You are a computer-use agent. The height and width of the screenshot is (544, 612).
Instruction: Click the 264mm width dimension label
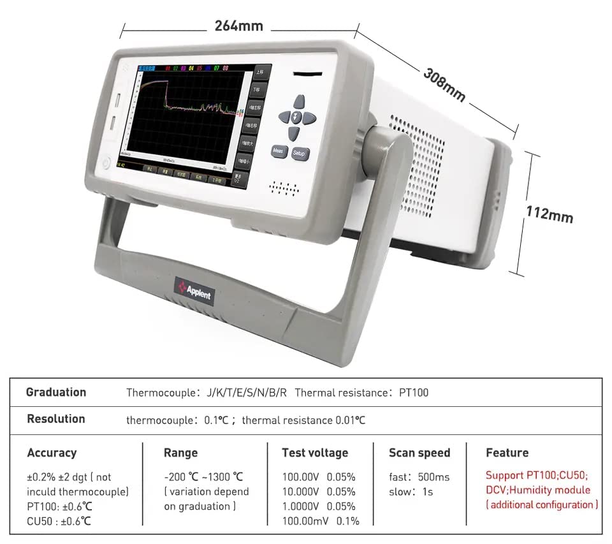[x=239, y=26]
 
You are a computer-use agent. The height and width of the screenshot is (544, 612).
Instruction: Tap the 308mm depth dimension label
[x=444, y=83]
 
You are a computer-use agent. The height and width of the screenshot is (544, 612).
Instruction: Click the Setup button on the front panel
[x=299, y=153]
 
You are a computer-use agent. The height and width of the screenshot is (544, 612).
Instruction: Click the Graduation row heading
[x=56, y=392]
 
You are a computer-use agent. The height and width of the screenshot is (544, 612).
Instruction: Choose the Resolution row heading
[x=56, y=419]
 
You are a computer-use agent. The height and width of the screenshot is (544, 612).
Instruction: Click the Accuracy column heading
[x=52, y=453]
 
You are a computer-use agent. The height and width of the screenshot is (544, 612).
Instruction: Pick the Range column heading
[x=180, y=453]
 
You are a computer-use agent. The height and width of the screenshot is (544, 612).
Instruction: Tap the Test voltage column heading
[x=315, y=453]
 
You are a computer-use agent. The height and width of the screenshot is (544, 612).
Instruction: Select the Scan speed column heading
[x=419, y=453]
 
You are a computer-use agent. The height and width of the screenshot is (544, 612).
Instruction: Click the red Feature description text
[x=542, y=490]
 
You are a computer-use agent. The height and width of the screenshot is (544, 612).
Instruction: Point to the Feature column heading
[x=507, y=453]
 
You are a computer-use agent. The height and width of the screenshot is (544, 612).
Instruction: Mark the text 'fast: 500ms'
[x=419, y=477]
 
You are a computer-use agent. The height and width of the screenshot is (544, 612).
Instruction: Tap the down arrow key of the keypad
[x=293, y=133]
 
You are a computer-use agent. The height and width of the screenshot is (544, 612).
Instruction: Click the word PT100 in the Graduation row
[x=414, y=392]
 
